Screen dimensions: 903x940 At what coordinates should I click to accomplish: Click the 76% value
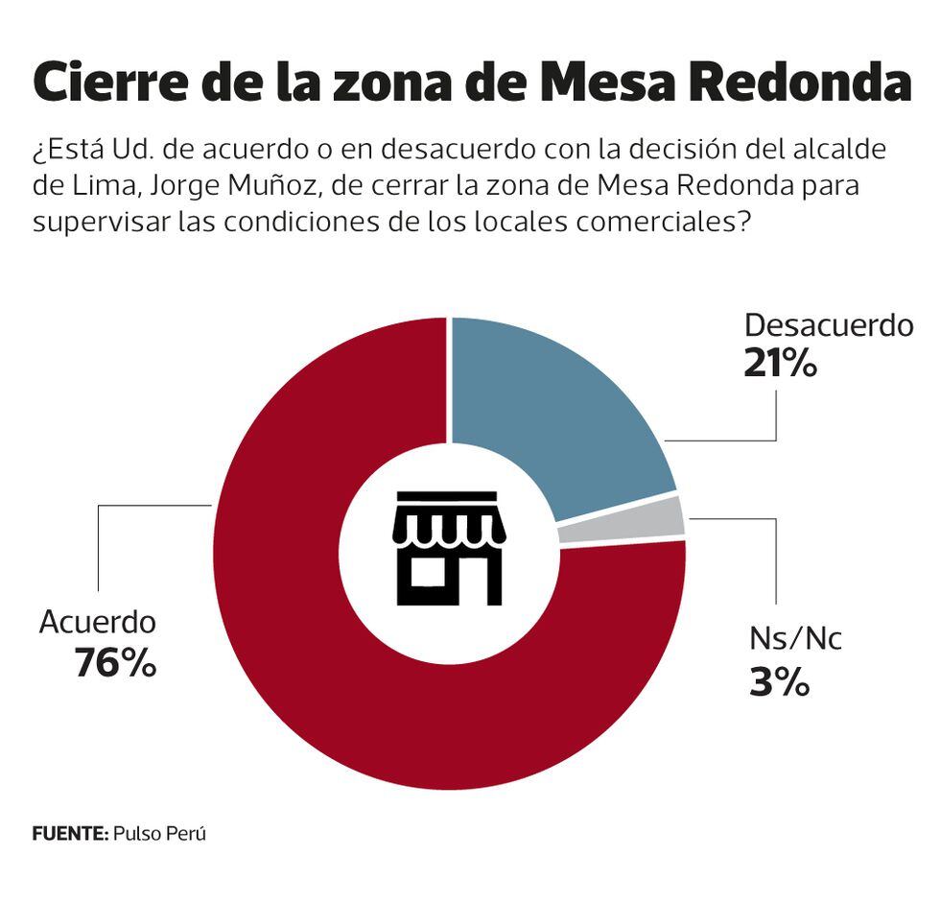115,663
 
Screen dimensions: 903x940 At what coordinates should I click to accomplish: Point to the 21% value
780,364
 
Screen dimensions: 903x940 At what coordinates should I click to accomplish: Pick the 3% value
779,683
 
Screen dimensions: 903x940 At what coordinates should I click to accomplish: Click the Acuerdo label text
97,622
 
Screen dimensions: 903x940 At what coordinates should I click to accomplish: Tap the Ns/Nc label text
794,638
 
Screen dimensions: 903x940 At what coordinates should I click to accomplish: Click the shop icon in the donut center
449,549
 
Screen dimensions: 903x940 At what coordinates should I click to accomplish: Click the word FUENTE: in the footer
70,833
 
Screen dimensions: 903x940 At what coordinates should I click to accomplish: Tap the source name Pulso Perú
159,833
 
